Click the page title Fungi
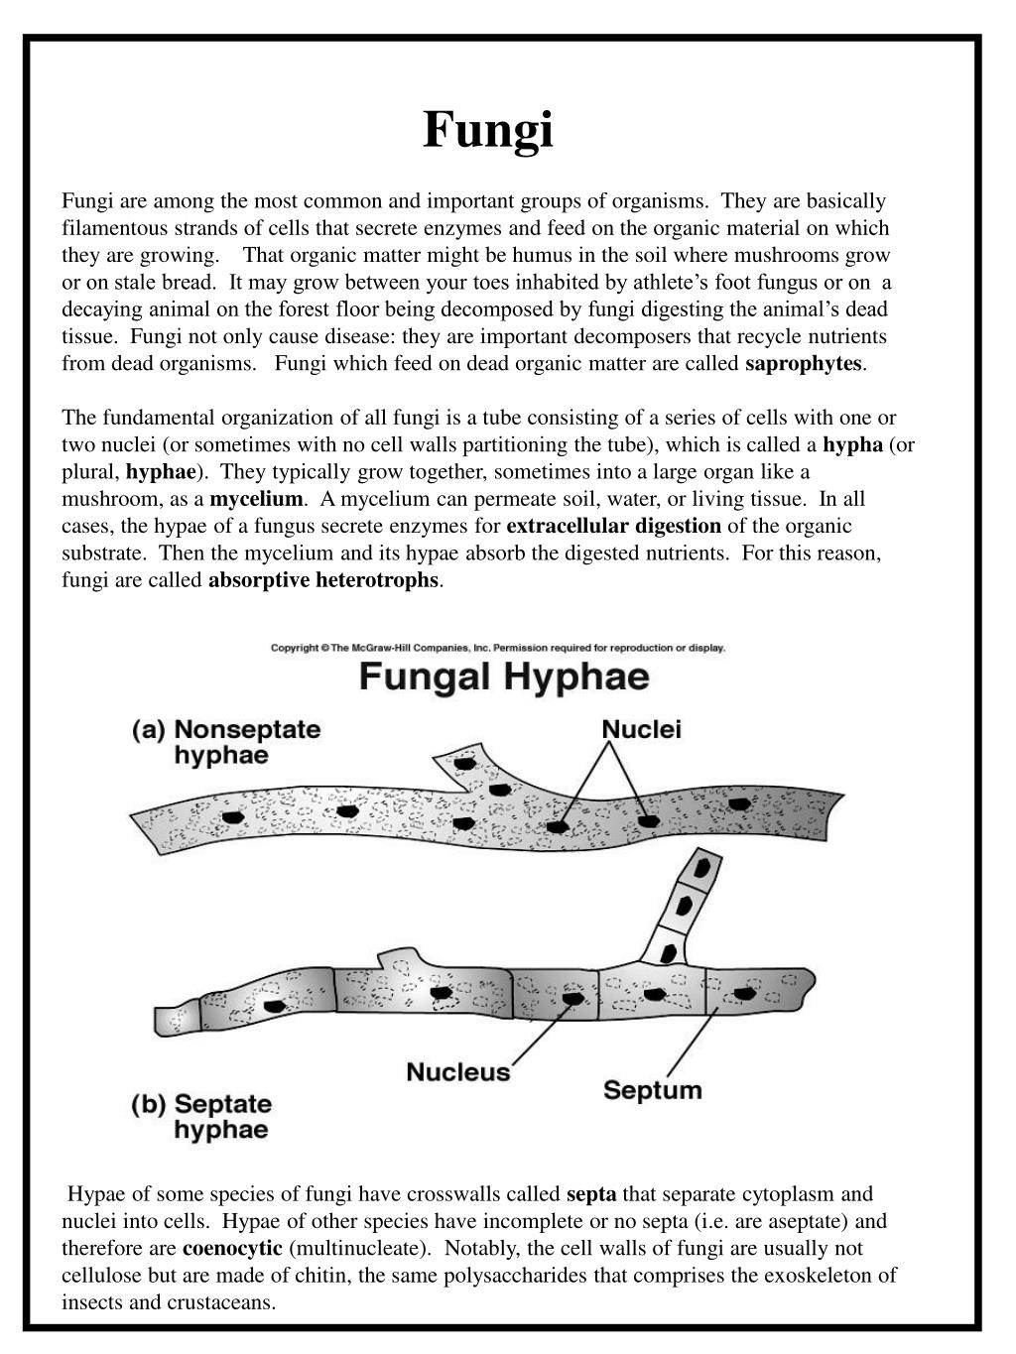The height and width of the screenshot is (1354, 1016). [x=488, y=130]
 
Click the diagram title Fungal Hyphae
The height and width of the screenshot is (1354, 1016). [x=504, y=678]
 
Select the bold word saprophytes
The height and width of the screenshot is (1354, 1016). [x=804, y=363]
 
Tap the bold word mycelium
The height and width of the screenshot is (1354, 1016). [x=256, y=499]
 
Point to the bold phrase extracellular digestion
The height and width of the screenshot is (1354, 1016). [x=614, y=526]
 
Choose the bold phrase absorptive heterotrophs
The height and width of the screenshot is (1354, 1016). [x=322, y=579]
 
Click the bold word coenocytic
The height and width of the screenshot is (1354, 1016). [x=232, y=1248]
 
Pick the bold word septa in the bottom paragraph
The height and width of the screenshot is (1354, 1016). [x=591, y=1194]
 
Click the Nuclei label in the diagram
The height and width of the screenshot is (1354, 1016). [x=641, y=730]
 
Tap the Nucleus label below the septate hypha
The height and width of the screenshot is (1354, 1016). [x=458, y=1072]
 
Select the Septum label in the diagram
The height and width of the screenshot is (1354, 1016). [x=652, y=1090]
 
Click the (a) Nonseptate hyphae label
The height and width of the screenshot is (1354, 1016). [x=226, y=742]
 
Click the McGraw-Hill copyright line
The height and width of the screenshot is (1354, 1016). [x=498, y=648]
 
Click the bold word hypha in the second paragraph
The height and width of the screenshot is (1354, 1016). [x=853, y=444]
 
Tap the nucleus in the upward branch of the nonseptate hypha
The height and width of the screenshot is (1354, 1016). [x=464, y=764]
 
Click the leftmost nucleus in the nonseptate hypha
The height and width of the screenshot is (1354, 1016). [x=232, y=817]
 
